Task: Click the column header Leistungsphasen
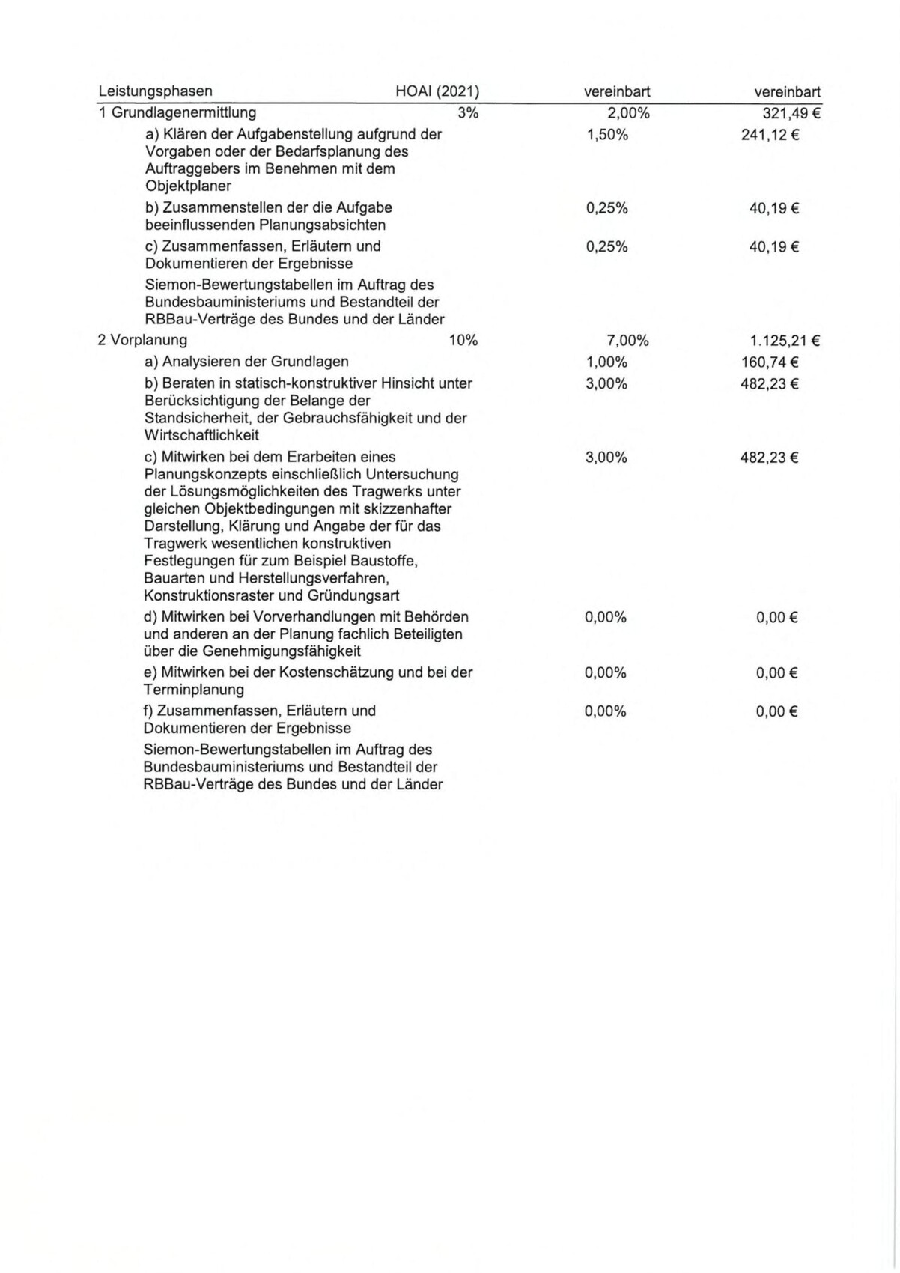(155, 91)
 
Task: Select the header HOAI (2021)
(437, 91)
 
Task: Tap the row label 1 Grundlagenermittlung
(177, 113)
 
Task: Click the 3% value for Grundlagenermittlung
(468, 113)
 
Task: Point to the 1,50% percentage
(606, 135)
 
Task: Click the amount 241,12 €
(770, 136)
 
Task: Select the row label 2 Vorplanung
(142, 341)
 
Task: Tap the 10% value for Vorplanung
(463, 341)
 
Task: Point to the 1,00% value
(606, 362)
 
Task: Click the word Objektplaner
(188, 186)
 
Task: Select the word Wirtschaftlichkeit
(201, 435)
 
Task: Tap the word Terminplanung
(193, 690)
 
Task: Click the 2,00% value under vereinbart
(627, 113)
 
